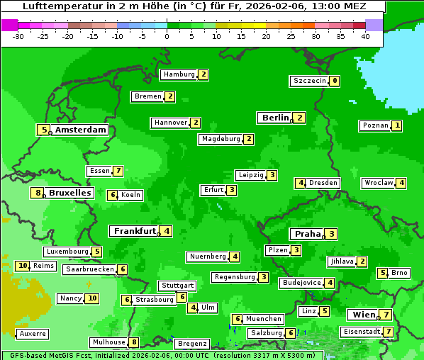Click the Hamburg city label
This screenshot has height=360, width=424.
(x=178, y=74)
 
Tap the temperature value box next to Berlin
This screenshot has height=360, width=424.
(x=300, y=118)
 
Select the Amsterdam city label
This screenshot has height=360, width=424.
(x=80, y=130)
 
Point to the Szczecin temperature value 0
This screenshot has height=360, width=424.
(x=335, y=81)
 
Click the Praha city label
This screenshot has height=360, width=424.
(x=308, y=234)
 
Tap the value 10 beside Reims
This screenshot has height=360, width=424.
(x=23, y=266)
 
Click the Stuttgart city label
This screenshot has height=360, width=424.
(x=177, y=286)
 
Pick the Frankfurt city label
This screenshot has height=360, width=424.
(x=135, y=231)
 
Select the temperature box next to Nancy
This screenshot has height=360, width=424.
(x=92, y=298)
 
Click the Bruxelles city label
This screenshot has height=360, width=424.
(x=69, y=193)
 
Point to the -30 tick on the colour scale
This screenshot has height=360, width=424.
(x=18, y=36)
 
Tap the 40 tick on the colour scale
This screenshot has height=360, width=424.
(x=365, y=36)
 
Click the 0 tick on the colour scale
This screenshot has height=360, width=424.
(x=167, y=36)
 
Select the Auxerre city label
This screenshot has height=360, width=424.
(x=33, y=333)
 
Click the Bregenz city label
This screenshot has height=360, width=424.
(x=191, y=344)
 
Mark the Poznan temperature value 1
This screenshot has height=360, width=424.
(x=397, y=125)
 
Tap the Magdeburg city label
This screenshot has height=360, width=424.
(x=221, y=139)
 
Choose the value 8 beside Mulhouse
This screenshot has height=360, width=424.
(x=133, y=342)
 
